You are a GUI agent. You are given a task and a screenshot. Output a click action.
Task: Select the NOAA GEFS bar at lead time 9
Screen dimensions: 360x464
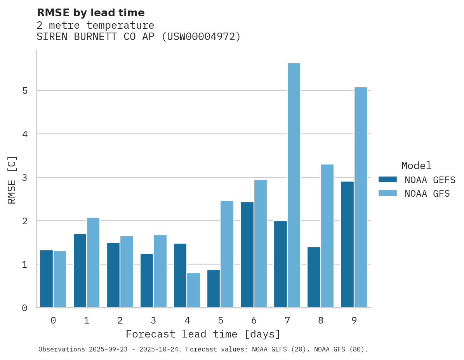(347, 244)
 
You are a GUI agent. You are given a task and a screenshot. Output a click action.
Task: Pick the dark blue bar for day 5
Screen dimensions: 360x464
(214, 289)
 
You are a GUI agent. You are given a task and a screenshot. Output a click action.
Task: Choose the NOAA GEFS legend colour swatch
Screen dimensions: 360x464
(388, 180)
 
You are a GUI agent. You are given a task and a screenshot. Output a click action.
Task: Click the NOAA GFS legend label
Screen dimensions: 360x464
(427, 194)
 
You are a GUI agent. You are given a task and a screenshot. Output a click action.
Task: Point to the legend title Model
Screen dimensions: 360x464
(416, 166)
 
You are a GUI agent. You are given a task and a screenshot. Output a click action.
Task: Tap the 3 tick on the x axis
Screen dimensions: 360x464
(153, 320)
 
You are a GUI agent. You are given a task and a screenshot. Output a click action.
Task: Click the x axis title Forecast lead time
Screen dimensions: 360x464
(203, 334)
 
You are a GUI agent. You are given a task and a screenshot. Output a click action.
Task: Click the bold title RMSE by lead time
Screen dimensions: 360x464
(90, 13)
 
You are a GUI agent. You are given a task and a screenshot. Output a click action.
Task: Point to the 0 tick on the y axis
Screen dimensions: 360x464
(24, 308)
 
